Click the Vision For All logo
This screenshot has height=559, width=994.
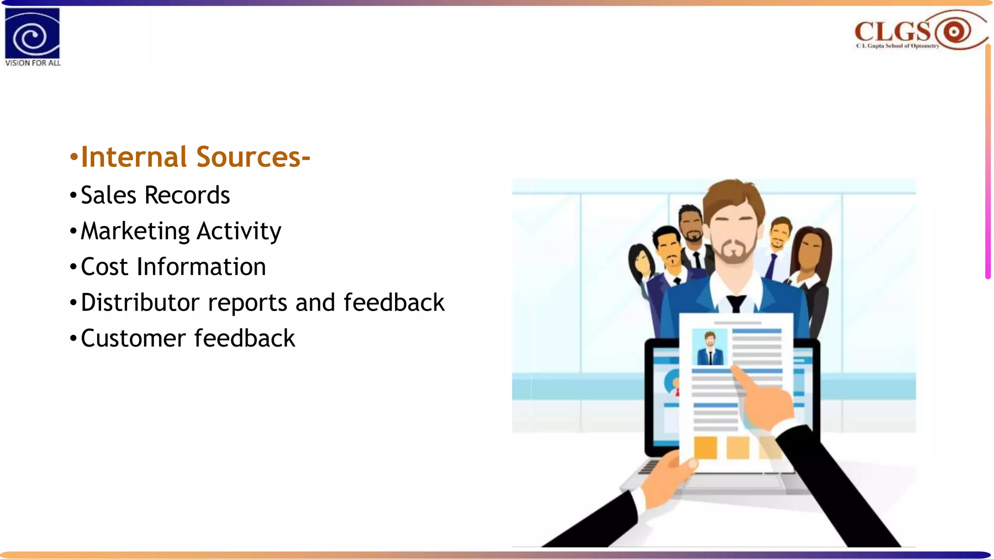coord(32,36)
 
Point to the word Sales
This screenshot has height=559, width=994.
coord(108,195)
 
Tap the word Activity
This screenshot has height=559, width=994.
coord(239,231)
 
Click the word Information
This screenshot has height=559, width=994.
coord(201,267)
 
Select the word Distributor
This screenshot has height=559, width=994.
coord(140,303)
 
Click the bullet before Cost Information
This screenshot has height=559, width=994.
coord(73,267)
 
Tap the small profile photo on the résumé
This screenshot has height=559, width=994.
coord(710,347)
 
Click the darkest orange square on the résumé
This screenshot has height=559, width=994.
coord(705,447)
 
